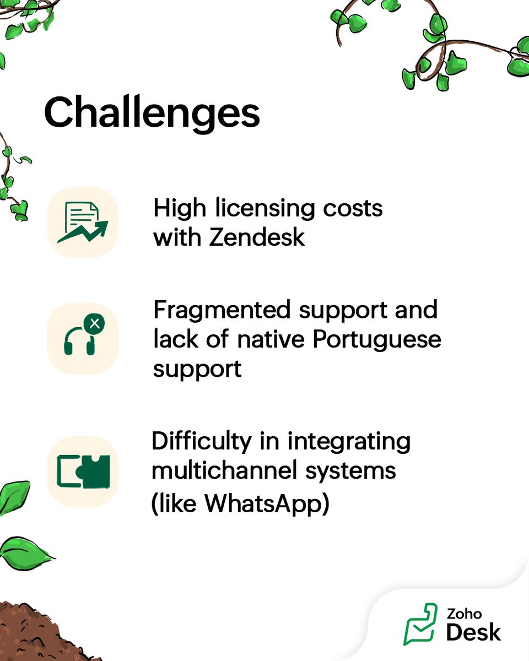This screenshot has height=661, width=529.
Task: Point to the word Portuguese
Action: point(377,339)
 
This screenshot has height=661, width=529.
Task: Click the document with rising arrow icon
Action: point(83,222)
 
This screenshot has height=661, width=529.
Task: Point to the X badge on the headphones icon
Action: point(95,323)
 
